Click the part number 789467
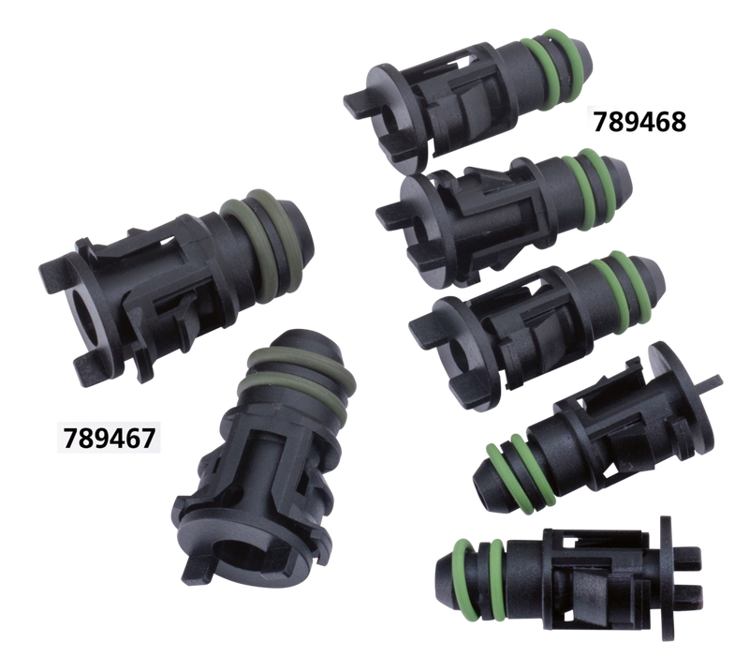coord(109,438)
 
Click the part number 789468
coord(639,122)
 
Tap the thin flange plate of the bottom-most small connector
coord(667,577)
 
